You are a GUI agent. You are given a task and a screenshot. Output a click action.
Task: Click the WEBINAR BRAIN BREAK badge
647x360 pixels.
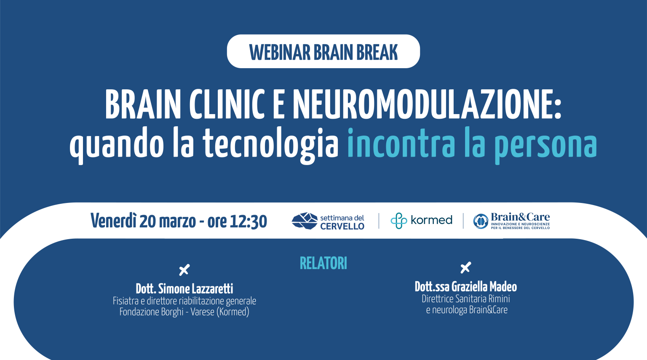(x=323, y=52)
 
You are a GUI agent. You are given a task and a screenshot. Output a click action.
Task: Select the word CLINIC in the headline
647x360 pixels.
(x=227, y=104)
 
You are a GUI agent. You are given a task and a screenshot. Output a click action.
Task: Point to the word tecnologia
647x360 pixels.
(x=270, y=144)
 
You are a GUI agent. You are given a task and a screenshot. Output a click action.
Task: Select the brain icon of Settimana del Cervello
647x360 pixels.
(x=304, y=221)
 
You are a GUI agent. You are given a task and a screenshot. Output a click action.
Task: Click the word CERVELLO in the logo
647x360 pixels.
(x=342, y=227)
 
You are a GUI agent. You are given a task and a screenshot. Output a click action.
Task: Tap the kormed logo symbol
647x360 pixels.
(x=398, y=221)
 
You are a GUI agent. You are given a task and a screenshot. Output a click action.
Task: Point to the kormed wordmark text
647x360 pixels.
(x=431, y=220)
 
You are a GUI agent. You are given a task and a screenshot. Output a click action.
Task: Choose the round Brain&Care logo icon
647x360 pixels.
(x=481, y=221)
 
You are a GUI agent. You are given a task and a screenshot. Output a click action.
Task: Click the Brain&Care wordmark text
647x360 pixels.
(x=520, y=217)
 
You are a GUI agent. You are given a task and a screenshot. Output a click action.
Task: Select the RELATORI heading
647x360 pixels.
(x=323, y=264)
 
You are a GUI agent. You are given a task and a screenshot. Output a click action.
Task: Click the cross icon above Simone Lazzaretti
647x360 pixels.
(x=184, y=269)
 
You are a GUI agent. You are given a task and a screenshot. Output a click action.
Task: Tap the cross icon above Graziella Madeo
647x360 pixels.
(x=465, y=267)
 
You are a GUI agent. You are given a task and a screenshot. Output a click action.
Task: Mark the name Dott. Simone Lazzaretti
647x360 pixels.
(x=184, y=289)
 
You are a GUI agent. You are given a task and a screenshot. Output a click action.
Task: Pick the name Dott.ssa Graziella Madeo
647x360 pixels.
(x=465, y=287)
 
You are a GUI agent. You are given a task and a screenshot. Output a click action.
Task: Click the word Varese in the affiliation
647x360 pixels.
(x=203, y=312)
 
